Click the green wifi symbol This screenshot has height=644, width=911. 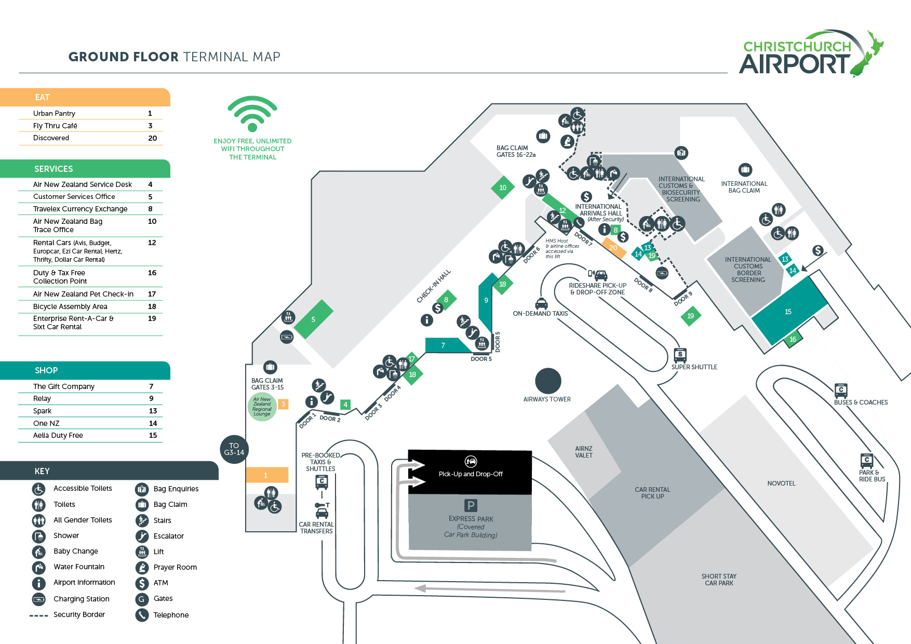[x=252, y=113]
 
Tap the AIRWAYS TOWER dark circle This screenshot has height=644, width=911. [x=548, y=381]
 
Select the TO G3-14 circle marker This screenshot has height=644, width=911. [x=234, y=449]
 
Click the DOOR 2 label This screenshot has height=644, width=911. [x=330, y=418]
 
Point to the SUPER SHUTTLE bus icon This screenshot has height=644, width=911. [x=680, y=355]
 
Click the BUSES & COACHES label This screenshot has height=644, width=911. [x=861, y=403]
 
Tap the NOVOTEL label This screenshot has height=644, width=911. [x=781, y=484]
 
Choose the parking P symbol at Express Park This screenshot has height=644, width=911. [x=471, y=505]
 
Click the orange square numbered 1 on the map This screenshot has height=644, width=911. [x=266, y=475]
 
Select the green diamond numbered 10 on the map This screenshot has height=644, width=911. [x=503, y=187]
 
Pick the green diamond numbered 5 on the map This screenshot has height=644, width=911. [x=313, y=319]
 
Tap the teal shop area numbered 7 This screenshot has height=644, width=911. [x=443, y=345]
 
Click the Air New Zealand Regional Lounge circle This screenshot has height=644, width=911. [x=262, y=407]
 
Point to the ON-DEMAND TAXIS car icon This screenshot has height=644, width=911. [x=542, y=303]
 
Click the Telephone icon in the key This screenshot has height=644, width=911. [x=142, y=615]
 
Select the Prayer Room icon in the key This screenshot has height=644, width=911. [x=142, y=567]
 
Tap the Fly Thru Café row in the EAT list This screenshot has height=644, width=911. [x=55, y=126]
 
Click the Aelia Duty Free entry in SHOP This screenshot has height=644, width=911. [x=58, y=435]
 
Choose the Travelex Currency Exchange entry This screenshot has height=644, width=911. [x=80, y=209]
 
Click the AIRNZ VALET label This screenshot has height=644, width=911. [x=584, y=452]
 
